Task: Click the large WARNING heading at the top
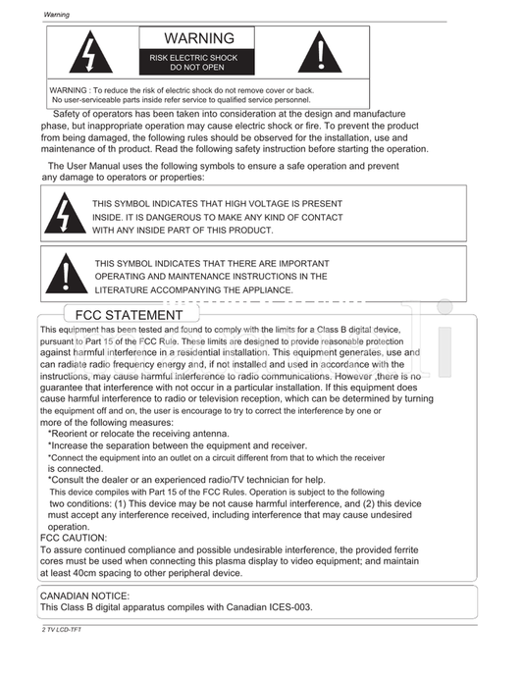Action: point(199,38)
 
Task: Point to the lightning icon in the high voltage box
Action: point(66,216)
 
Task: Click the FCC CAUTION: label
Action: point(74,538)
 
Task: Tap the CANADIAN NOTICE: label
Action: point(83,596)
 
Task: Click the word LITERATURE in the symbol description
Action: point(125,289)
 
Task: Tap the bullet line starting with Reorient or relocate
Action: point(138,434)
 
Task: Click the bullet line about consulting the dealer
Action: point(186,480)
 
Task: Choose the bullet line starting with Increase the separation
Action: point(164,445)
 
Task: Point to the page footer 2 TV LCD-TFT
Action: point(61,629)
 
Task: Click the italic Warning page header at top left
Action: point(56,15)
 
